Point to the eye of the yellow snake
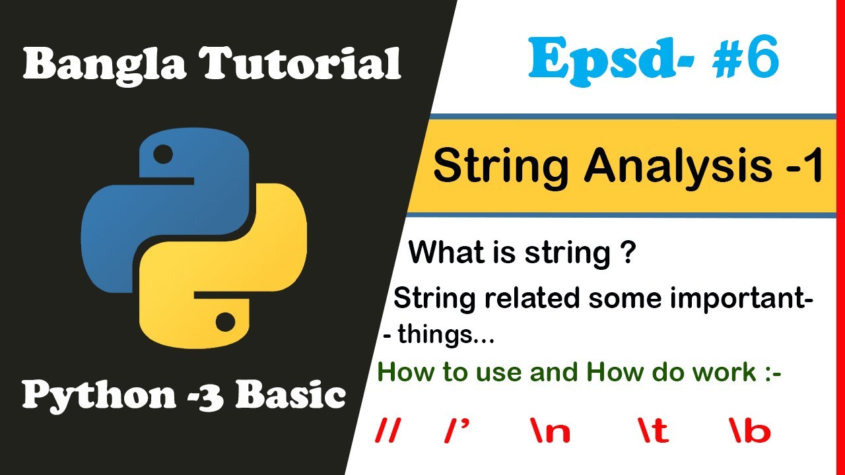point(225,322)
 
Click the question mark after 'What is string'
point(628,253)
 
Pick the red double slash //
point(388,431)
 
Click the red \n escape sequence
point(549,431)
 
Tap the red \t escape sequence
point(653,431)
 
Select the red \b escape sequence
point(750,431)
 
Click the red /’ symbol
point(457,431)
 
